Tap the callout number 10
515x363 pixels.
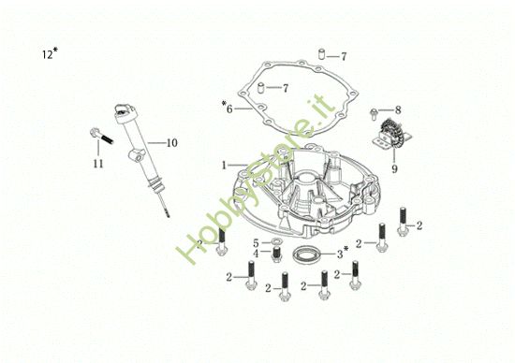point(171,143)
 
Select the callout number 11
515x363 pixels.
point(98,165)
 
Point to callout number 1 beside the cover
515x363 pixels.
point(224,166)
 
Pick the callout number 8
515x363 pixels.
point(397,109)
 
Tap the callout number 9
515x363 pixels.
point(395,169)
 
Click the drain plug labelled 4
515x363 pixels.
point(276,255)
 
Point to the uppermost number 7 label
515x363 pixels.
point(344,56)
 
